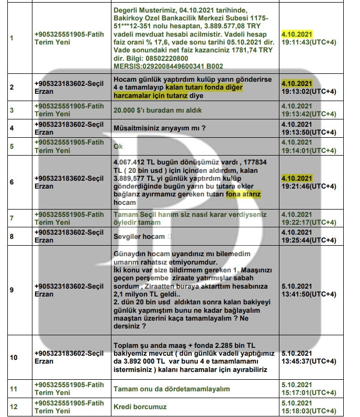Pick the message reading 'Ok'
[x=119, y=146]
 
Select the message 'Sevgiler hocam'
[x=140, y=236]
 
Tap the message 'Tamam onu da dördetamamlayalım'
[x=172, y=389]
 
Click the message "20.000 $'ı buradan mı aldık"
[x=157, y=111]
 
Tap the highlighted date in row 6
[x=297, y=178]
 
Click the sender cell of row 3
[x=69, y=111]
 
